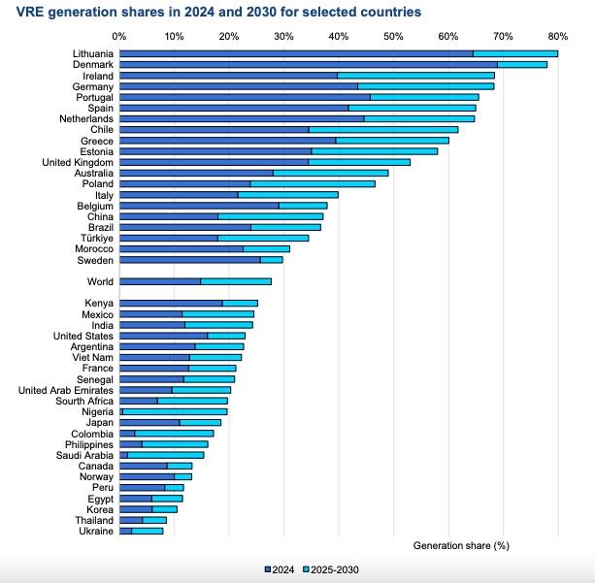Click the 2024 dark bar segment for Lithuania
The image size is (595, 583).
tap(296, 53)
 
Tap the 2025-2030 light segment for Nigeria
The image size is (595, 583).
tap(175, 411)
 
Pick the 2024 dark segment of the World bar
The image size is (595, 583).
tap(160, 281)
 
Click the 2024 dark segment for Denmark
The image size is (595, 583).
tap(309, 64)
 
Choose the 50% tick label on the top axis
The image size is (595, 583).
tap(393, 37)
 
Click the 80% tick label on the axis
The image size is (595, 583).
tap(558, 37)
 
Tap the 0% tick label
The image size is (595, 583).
tap(119, 37)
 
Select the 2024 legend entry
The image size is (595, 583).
tap(281, 569)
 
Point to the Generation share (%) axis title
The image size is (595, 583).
tap(461, 545)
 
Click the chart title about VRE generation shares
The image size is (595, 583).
tap(213, 13)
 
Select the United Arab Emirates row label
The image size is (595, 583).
tap(66, 390)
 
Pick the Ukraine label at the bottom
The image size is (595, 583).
tap(97, 531)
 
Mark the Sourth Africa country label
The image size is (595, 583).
tap(84, 401)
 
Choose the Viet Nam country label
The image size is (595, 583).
tap(93, 358)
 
